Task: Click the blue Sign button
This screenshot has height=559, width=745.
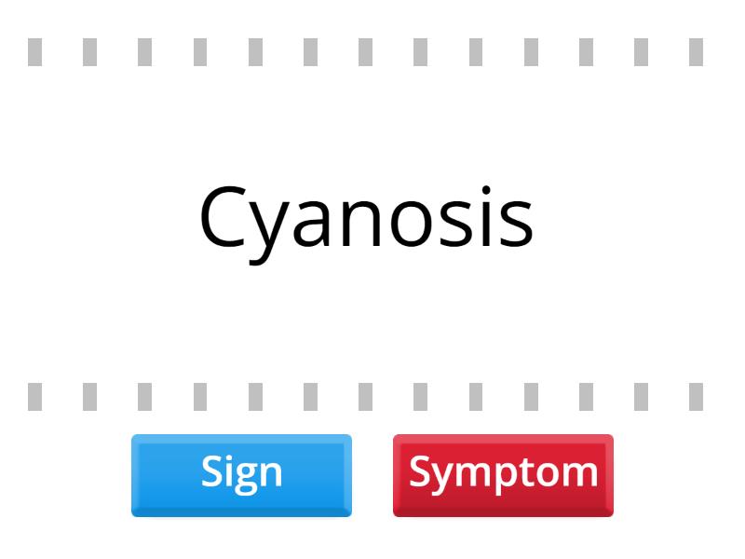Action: pyautogui.click(x=241, y=474)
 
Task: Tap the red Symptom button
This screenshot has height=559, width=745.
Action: pyautogui.click(x=503, y=474)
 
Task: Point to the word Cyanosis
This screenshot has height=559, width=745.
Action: pyautogui.click(x=366, y=218)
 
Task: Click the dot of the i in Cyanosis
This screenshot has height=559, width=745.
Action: pyautogui.click(x=501, y=189)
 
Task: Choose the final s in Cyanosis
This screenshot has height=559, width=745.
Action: pyautogui.click(x=519, y=225)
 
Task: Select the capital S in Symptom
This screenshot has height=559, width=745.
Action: pyautogui.click(x=420, y=471)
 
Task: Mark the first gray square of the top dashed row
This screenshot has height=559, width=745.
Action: pyautogui.click(x=34, y=52)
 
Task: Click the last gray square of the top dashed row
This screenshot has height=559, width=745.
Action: pyautogui.click(x=696, y=52)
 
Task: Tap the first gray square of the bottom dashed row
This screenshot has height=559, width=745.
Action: pyautogui.click(x=34, y=397)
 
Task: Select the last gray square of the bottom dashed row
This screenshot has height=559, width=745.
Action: pyautogui.click(x=696, y=397)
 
